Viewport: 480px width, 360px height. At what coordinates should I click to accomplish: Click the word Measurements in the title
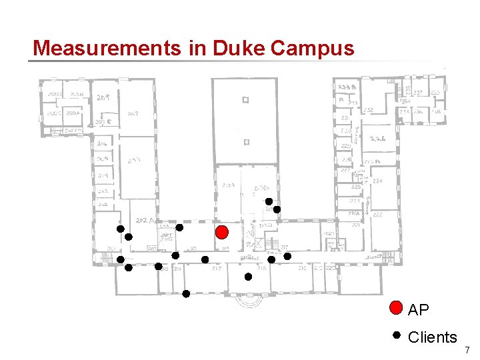coord(105,48)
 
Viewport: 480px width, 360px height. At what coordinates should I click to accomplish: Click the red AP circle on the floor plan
coord(223,232)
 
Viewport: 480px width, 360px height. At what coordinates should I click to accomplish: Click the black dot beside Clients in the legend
coord(396,335)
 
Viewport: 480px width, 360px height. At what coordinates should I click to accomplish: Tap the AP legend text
coord(419,310)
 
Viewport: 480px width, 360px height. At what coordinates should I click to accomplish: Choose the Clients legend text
coord(432,337)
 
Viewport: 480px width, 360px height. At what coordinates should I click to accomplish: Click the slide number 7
coord(467,349)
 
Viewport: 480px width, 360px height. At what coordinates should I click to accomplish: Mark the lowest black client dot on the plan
coord(186,293)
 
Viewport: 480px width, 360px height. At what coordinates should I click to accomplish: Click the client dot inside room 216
coord(248,276)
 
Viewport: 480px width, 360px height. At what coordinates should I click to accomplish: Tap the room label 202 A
coord(144,219)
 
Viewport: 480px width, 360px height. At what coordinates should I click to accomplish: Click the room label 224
coord(377,180)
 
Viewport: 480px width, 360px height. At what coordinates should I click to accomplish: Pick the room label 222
coord(377,215)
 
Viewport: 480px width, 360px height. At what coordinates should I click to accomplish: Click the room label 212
coord(217,269)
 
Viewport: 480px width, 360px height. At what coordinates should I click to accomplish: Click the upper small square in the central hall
coord(245,101)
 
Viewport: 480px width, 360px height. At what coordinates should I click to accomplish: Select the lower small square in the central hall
coord(245,141)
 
